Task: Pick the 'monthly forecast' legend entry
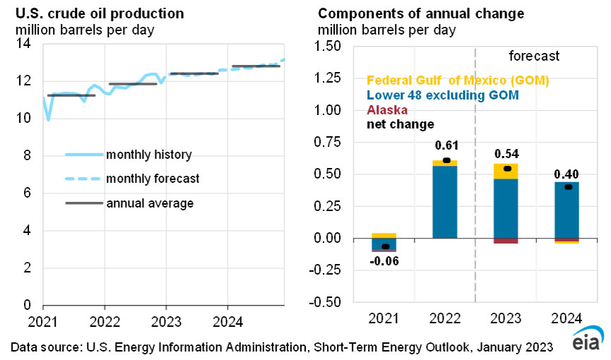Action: [x=152, y=179]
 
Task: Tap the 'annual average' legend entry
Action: [x=150, y=203]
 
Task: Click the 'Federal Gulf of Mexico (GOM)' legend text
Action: [x=457, y=80]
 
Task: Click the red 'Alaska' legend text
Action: [x=386, y=110]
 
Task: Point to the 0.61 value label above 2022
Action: [x=446, y=145]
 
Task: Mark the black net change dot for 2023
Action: [x=506, y=169]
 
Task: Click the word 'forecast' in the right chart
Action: [x=534, y=55]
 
